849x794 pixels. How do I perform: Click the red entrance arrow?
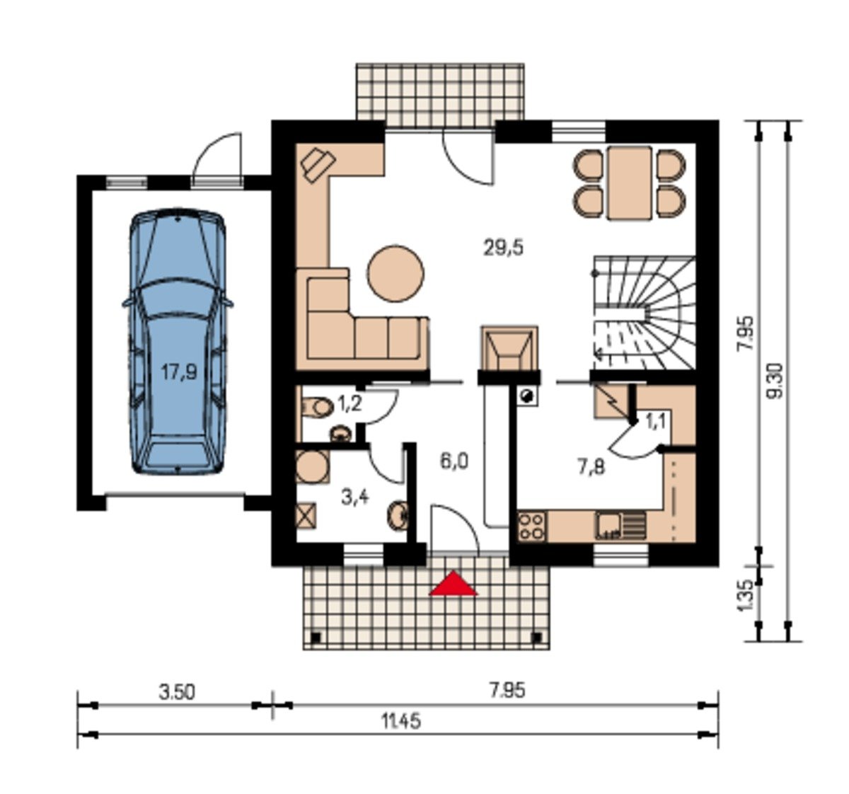(x=453, y=585)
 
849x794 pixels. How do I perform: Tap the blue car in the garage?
(x=178, y=342)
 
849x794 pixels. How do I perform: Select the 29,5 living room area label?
(x=503, y=248)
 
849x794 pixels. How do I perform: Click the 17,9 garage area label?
(x=179, y=372)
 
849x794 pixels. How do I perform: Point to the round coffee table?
(x=396, y=273)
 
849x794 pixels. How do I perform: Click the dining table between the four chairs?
(x=630, y=183)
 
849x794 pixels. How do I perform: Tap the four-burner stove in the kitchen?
(x=532, y=527)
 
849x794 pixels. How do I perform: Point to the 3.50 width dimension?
(x=177, y=692)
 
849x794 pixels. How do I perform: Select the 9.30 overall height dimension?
(x=776, y=381)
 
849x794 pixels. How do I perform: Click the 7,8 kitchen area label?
(x=591, y=468)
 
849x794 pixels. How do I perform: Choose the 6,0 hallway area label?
(x=454, y=461)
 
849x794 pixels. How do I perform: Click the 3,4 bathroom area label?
(x=355, y=497)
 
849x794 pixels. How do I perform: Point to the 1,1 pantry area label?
(x=655, y=422)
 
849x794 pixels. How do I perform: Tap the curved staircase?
(x=644, y=312)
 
